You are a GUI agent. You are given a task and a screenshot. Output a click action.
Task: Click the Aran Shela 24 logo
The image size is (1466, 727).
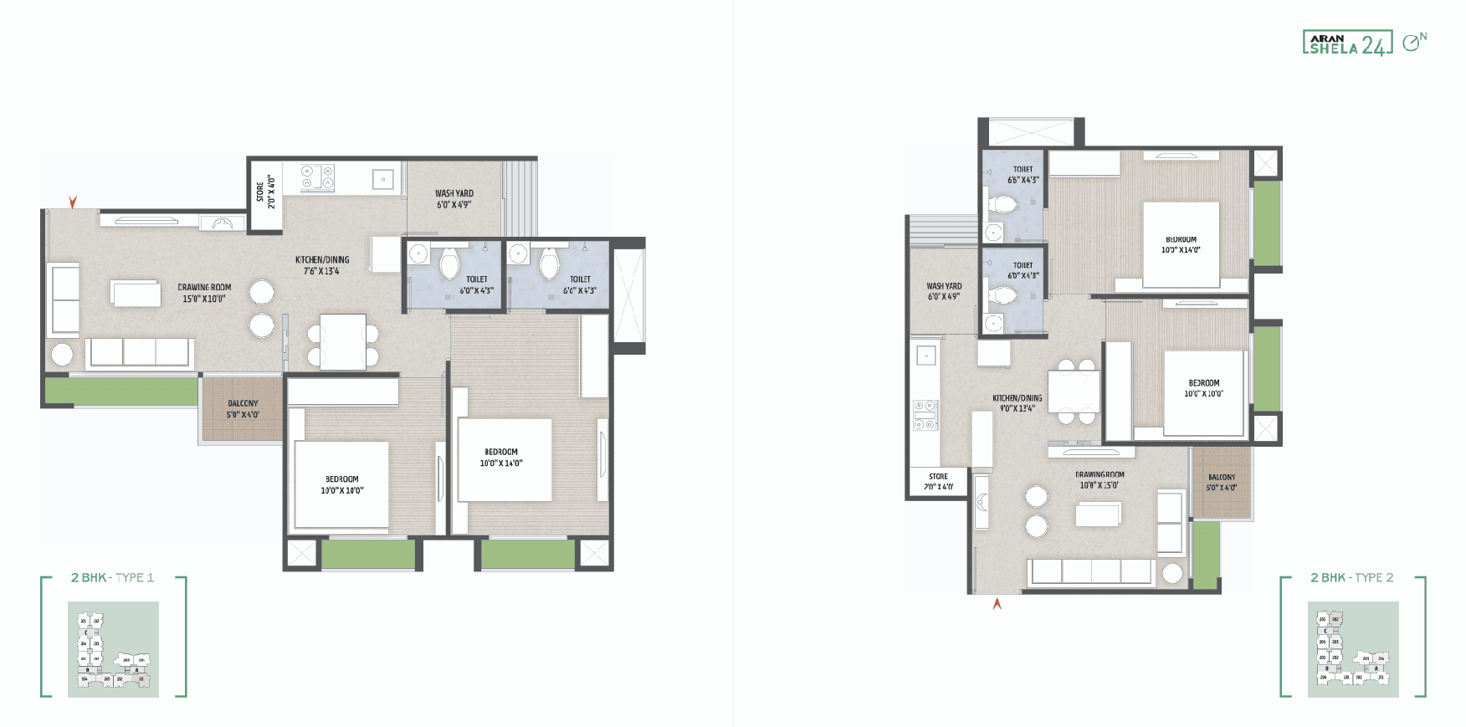(x=1346, y=43)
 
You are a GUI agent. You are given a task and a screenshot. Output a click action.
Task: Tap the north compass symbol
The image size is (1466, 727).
(x=1413, y=42)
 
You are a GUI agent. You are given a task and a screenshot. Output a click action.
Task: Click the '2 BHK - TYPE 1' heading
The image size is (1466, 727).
(x=112, y=577)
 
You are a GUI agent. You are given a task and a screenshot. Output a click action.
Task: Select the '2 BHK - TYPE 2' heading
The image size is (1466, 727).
(x=1351, y=577)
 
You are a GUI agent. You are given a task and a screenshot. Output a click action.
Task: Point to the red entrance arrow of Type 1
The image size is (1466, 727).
(x=73, y=202)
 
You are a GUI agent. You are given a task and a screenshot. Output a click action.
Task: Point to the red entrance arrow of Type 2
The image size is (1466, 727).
(x=997, y=603)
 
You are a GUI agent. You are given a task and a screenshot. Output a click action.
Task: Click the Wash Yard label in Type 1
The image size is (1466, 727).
(x=454, y=199)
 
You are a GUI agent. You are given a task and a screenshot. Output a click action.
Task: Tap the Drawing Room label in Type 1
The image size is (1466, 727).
(x=204, y=293)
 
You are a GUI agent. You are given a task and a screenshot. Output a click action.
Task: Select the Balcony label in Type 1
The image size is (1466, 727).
(x=243, y=408)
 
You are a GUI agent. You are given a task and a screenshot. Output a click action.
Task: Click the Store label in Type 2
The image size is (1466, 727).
(x=938, y=481)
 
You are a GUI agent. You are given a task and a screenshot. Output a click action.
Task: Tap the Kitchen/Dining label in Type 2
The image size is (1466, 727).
(x=1017, y=403)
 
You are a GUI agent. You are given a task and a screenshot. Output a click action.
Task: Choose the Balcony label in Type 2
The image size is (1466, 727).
(x=1221, y=482)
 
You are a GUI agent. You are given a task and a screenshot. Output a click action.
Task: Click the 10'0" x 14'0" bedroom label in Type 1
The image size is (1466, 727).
(x=501, y=457)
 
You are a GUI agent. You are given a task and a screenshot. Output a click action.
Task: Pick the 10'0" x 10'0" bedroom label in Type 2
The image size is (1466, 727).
(x=1203, y=388)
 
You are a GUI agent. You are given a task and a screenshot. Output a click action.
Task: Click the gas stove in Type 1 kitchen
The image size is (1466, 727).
(x=317, y=176)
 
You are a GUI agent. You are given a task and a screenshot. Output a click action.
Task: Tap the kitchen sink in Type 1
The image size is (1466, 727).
(x=383, y=178)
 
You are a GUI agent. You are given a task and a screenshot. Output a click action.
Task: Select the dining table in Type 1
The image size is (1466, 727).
(x=343, y=341)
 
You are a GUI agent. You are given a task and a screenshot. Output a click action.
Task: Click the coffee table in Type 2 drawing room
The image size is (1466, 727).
(x=1097, y=514)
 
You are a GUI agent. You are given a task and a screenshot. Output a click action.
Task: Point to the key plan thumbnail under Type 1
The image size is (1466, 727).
(x=113, y=649)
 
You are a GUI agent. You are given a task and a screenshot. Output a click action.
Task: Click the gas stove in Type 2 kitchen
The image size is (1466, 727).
(x=925, y=415)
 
